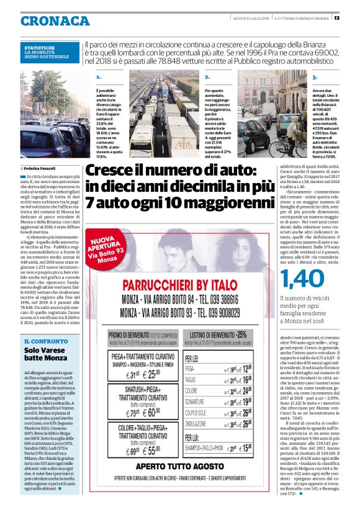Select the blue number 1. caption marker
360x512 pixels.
click(x=99, y=77)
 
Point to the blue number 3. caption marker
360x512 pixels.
click(x=315, y=77)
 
